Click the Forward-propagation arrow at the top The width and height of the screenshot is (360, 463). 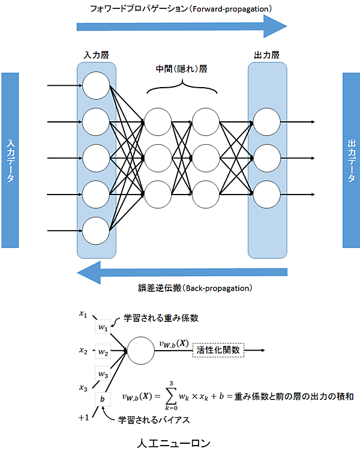point(180,26)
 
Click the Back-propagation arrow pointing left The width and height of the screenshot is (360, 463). point(180,273)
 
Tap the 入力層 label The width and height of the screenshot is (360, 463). point(96,55)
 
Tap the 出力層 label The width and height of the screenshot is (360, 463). point(266,55)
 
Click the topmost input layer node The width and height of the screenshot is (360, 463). point(96,86)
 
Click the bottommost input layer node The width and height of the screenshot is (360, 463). point(96,230)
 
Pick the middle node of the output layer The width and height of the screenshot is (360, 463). point(266,158)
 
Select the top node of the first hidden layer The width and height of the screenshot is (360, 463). point(158,122)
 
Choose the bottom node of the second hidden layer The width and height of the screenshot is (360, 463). point(206,194)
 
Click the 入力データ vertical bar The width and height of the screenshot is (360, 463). point(11,161)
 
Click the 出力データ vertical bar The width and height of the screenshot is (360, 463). point(351,160)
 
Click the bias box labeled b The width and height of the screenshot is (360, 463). point(103,398)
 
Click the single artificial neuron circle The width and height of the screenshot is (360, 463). point(140,351)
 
